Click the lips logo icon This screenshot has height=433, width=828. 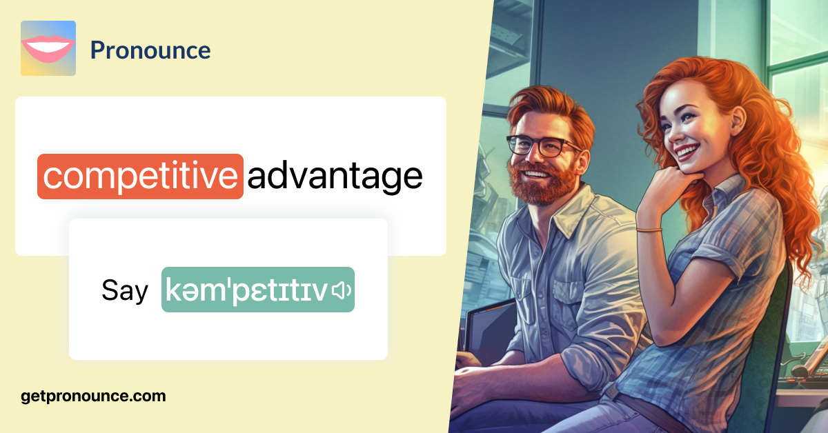(48, 48)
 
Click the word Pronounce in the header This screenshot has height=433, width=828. (150, 50)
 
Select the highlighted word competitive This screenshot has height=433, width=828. (141, 177)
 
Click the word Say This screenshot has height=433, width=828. (125, 291)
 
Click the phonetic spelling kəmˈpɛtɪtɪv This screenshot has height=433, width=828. (246, 290)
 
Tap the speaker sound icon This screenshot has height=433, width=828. (342, 290)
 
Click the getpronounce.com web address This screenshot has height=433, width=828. (93, 396)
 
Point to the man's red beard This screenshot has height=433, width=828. (542, 181)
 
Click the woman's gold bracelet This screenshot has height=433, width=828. (649, 230)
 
